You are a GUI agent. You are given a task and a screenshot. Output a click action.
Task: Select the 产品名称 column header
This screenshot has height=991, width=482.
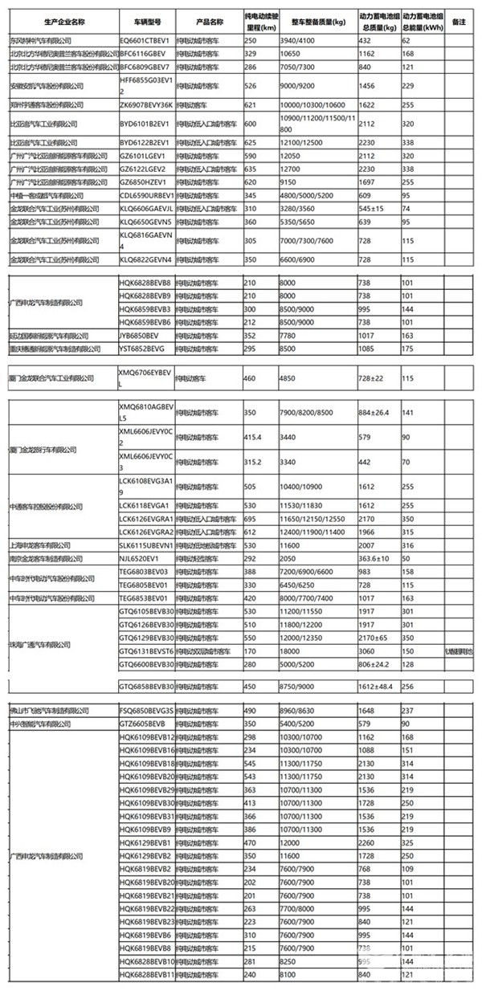tap(196, 17)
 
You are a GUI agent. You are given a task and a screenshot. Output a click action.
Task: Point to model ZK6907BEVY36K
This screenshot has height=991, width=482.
tap(146, 104)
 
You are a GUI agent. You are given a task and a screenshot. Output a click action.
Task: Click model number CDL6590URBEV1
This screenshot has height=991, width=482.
tap(147, 194)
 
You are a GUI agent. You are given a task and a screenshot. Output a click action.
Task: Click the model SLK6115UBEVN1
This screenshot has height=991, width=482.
tap(145, 544)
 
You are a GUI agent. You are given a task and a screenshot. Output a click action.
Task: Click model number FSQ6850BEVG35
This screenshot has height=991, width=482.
tap(146, 711)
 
